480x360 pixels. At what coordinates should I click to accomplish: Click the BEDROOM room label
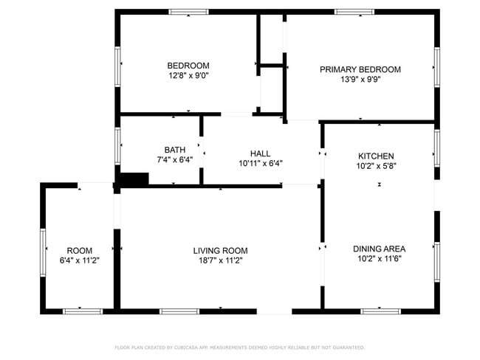coord(188,65)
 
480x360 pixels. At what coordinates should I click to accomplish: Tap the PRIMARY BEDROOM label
coord(360,69)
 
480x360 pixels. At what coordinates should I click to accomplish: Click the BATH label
coord(174,150)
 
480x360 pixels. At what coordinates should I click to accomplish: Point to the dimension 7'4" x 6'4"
coord(174,159)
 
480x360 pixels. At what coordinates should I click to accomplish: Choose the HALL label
coord(260,153)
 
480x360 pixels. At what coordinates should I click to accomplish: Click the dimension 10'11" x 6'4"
coord(260,163)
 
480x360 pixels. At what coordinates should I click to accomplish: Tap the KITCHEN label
coord(376,156)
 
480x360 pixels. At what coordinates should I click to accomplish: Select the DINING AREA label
coord(379,249)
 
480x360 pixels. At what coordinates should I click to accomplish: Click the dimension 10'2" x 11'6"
coord(379,259)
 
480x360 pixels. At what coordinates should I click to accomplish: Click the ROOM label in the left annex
coord(79,250)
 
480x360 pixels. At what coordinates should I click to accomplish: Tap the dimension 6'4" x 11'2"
coord(79,260)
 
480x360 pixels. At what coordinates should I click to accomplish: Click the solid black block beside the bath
coord(134,179)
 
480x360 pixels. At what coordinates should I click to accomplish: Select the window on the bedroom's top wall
coord(188,12)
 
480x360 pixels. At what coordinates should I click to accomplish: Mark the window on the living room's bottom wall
coord(179,311)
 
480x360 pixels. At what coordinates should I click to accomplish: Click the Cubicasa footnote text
coord(239,347)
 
